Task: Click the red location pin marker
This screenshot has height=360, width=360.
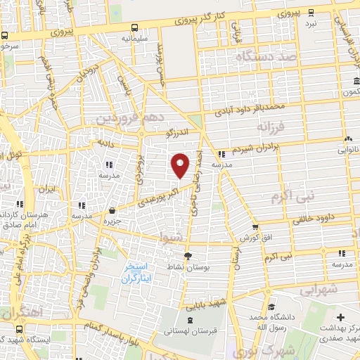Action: coord(181,165)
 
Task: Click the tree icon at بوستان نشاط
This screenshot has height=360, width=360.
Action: coord(187,256)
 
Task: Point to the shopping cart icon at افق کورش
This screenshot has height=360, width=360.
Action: coord(255,227)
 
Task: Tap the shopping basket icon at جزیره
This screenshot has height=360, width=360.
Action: coord(112,210)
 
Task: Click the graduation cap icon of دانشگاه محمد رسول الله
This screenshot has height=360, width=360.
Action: coord(271,307)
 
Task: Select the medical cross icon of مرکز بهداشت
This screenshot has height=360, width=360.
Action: coord(341,319)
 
